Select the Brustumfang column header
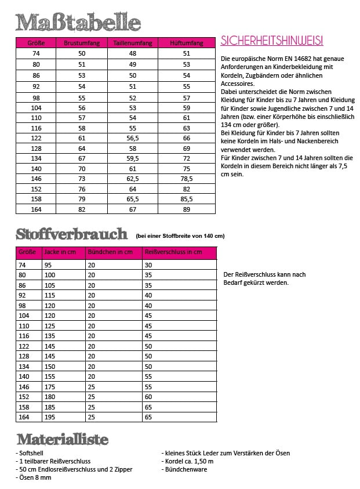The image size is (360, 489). point(82,44)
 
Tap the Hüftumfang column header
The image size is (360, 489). point(186,44)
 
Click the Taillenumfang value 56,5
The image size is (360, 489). point(132,139)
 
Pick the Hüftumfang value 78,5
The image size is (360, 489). point(186,179)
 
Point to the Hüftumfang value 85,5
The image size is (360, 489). point(186,199)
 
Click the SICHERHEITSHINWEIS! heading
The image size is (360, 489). point(272,41)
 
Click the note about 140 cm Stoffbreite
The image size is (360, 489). point(180,236)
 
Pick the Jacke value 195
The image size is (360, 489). point(49,416)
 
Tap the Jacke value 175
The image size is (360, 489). point(49,386)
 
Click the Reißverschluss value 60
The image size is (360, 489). point(148,396)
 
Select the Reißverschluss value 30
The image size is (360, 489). point(148,265)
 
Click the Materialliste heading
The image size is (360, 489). point(63,440)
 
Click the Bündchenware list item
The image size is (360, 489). point(186,469)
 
